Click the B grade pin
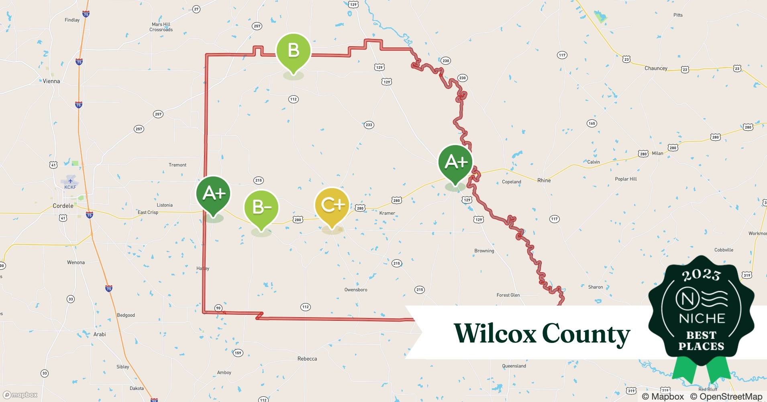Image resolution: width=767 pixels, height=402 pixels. pos(293,51)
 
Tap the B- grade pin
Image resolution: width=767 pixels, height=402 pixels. pos(261,208)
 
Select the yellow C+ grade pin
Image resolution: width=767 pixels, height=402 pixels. pos(332,205)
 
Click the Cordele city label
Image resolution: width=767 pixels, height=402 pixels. pos(63,206)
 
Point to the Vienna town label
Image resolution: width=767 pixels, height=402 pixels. pos(51,81)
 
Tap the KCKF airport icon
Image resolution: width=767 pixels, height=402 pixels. pos(70,181)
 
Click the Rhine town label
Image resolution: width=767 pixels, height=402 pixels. pos(544,180)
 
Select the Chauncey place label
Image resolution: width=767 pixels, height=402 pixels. pos(656,68)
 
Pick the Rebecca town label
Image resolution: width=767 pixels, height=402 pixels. pos(307,359)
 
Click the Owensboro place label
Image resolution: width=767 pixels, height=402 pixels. pos(356,290)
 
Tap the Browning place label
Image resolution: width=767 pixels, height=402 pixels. pos(484,251)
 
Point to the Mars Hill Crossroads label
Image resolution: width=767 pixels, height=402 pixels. pos(161,27)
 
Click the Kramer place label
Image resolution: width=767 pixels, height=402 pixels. pos(387,213)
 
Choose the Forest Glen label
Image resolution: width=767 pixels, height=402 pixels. pos(508,295)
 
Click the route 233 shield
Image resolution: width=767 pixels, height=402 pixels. pos(369,125)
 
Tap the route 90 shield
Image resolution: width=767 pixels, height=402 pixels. pos(218,308)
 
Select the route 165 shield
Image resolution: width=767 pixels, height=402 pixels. pos(592,123)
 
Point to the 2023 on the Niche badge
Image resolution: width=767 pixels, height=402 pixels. pos(701,275)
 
